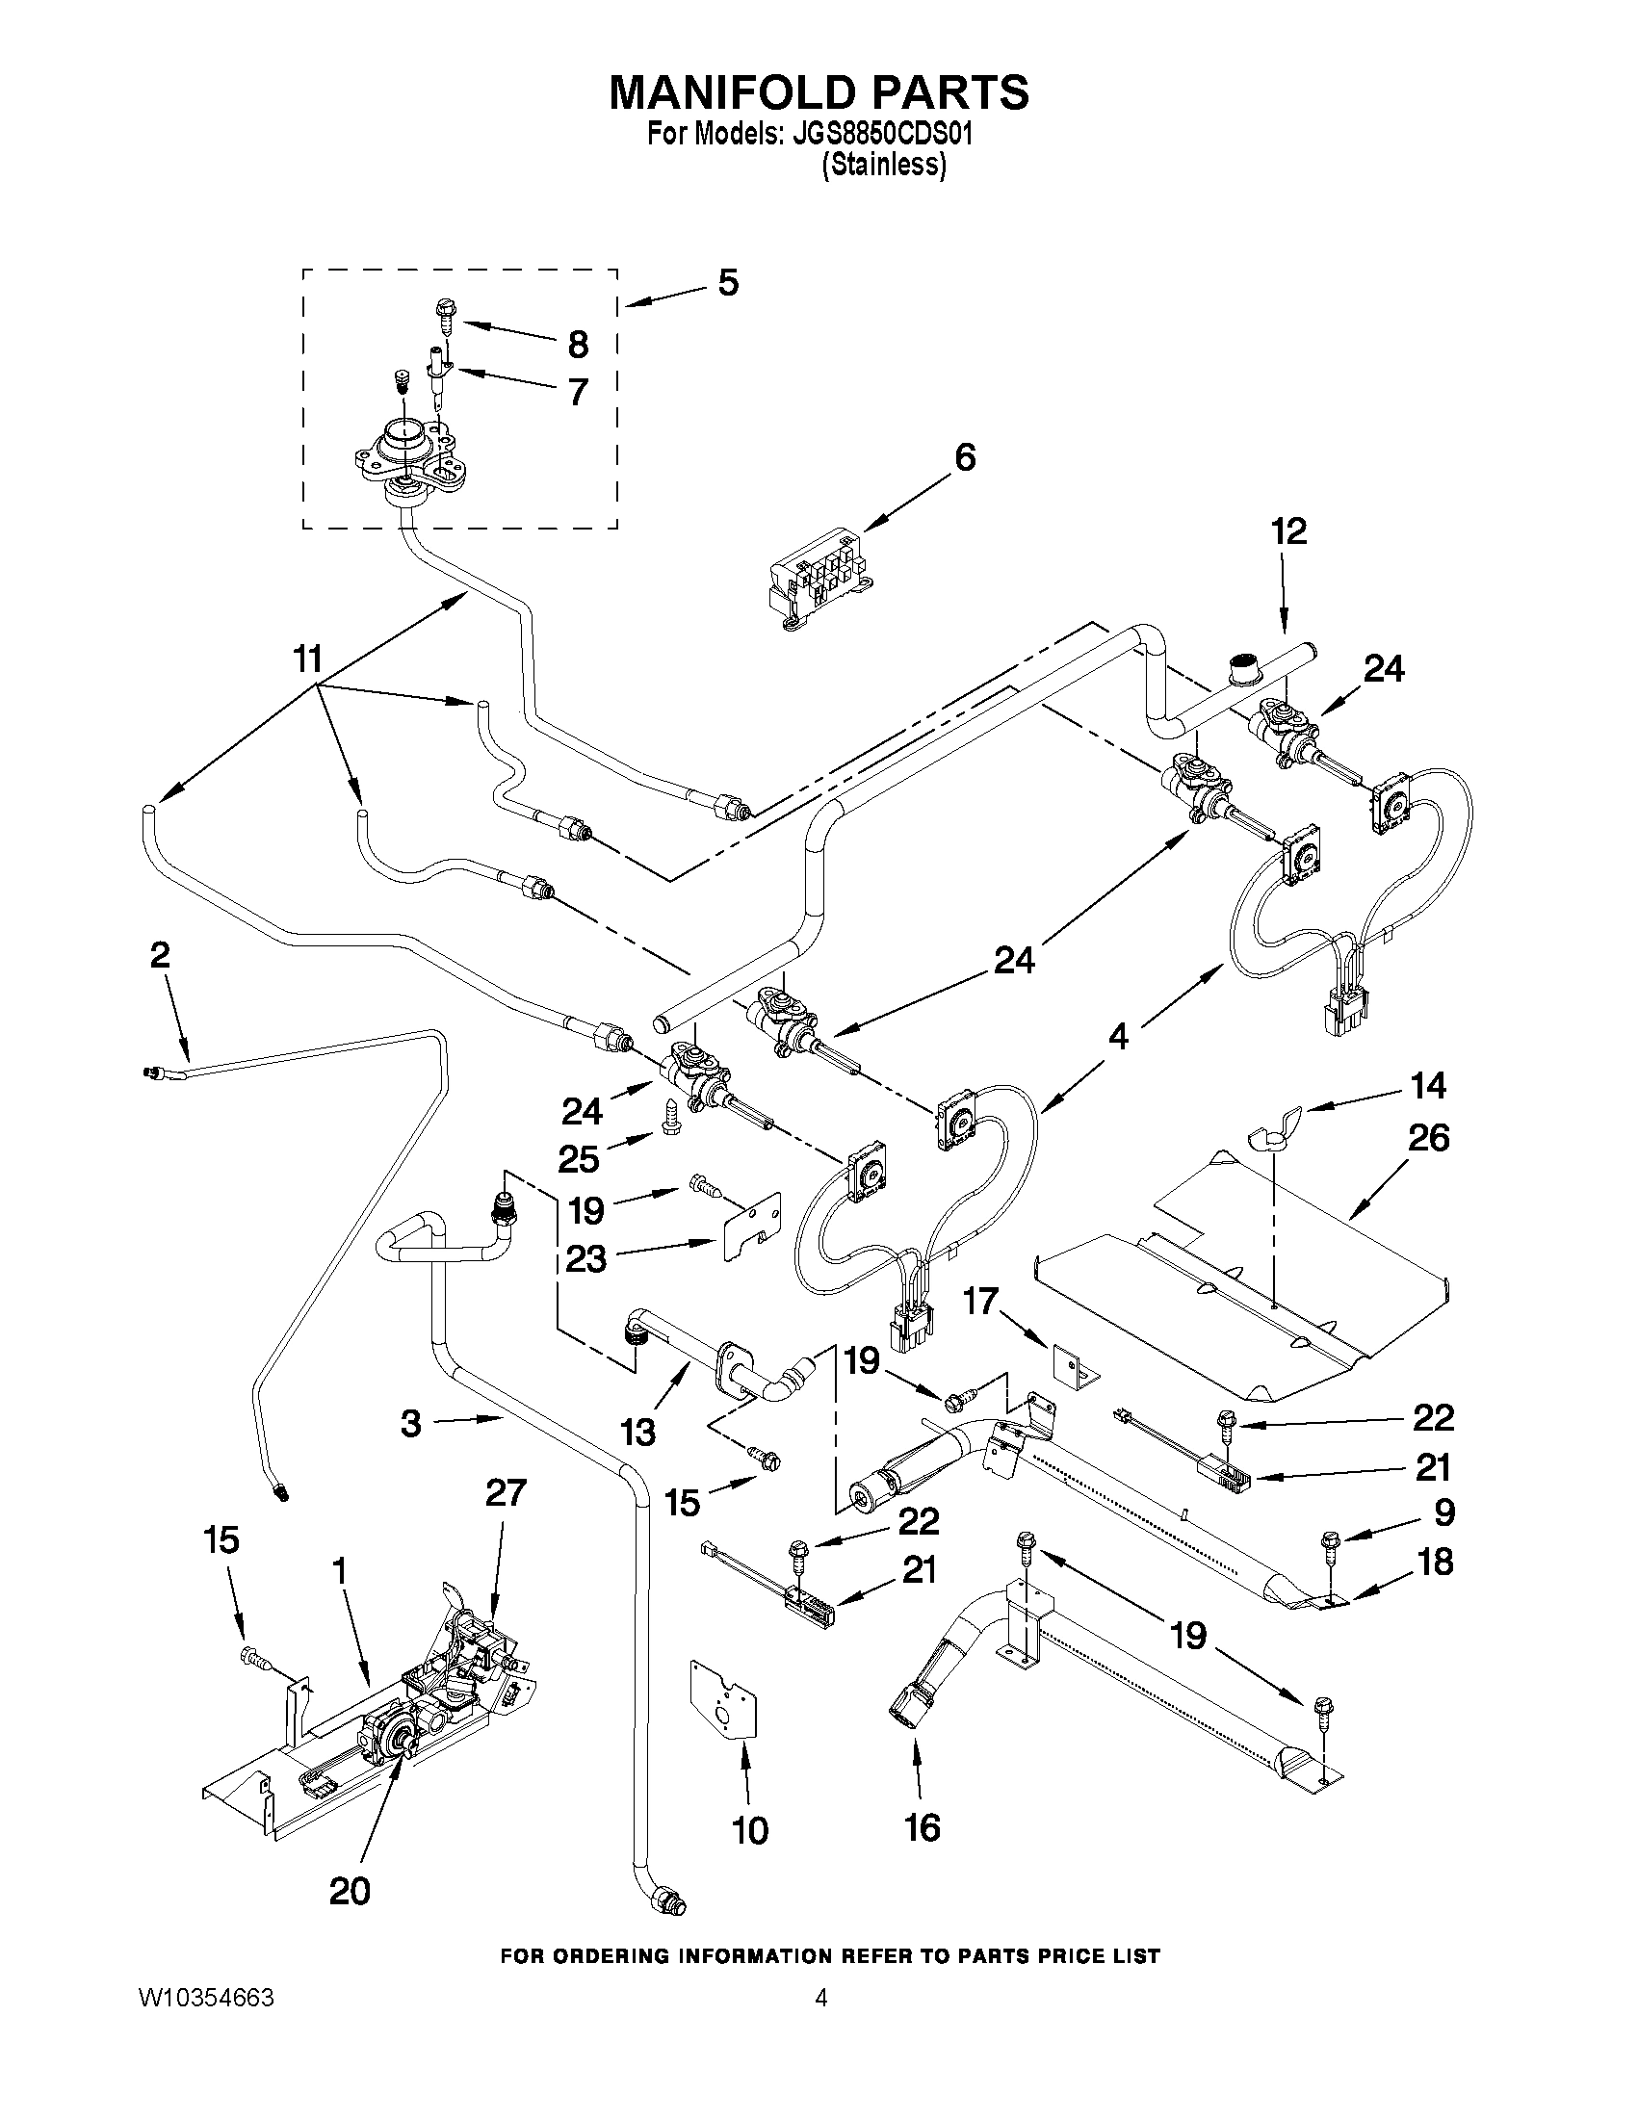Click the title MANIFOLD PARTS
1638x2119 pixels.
coord(818,93)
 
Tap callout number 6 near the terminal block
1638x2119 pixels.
coord(965,457)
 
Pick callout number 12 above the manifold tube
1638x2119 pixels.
coord(1289,531)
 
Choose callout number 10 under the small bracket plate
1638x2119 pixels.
coord(750,1831)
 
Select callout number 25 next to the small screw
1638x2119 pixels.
coord(583,1157)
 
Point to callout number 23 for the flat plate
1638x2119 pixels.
coord(586,1259)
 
